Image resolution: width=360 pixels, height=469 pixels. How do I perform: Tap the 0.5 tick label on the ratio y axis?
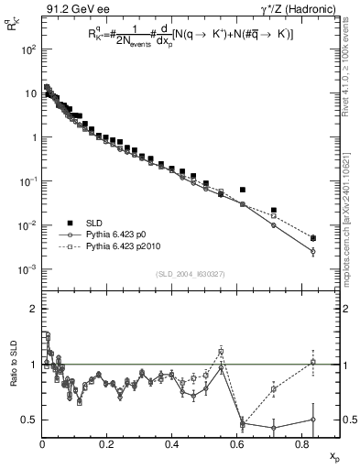pyautogui.click(x=27, y=420)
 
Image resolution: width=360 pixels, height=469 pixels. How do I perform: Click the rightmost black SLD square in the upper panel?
pyautogui.click(x=313, y=238)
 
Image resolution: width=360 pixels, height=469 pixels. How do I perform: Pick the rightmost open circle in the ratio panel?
pyautogui.click(x=313, y=420)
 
